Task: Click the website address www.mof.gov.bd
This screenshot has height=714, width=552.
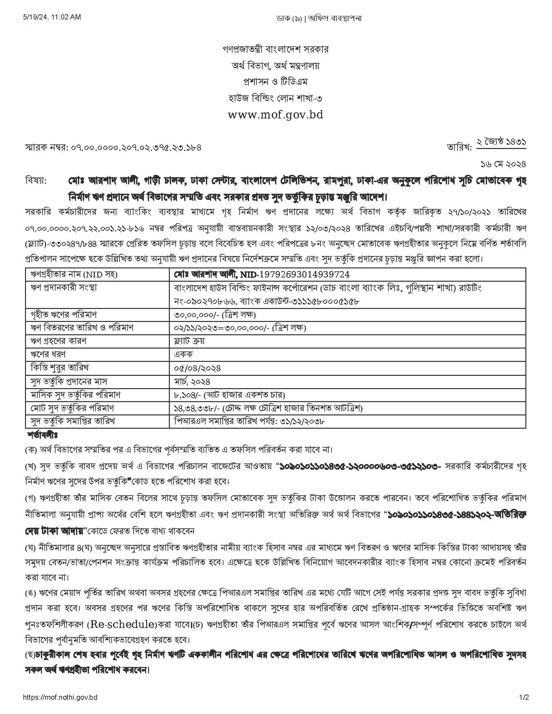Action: coord(275,115)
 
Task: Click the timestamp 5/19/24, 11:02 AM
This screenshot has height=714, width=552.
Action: coord(52,18)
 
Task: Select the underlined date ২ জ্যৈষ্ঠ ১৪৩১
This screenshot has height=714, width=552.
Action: coord(501,143)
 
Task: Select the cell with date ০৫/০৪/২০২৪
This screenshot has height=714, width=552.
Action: coord(197,368)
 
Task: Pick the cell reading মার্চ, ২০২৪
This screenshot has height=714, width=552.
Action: coord(192,382)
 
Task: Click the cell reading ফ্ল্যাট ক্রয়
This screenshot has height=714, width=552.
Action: coord(189,341)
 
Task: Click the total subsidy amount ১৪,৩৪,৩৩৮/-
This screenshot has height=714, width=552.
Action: coord(196,408)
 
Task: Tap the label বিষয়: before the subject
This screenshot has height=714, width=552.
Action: coord(36,180)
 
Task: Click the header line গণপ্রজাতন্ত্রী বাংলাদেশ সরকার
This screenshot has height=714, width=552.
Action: coord(275,50)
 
